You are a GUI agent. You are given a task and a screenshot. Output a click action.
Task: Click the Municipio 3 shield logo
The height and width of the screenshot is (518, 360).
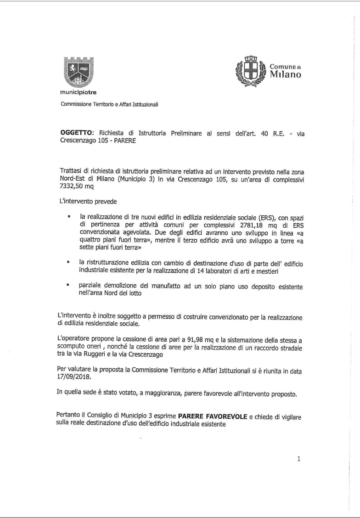78,72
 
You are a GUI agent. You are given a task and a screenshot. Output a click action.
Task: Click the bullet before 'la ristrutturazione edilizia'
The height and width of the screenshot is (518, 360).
68,262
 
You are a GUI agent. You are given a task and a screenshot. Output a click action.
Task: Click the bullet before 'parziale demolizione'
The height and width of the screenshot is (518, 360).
68,285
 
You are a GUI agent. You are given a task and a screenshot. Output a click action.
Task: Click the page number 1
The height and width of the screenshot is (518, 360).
298,458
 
